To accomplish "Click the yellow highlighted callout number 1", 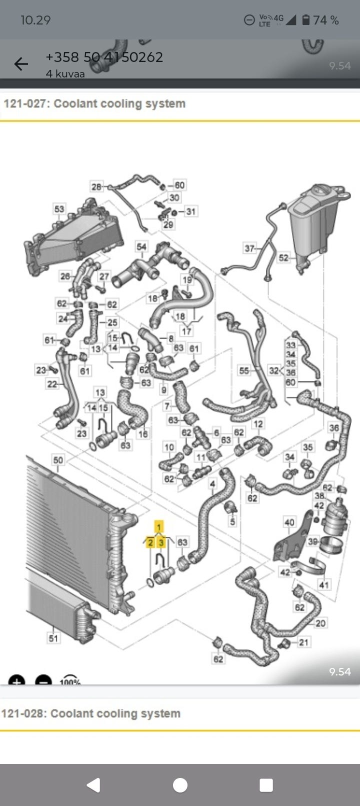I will point(159,526).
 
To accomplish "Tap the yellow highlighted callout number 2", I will point(150,542).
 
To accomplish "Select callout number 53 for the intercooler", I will point(59,208).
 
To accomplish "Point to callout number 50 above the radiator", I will point(58,460).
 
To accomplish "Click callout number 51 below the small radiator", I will point(53,638).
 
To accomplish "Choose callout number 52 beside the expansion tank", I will point(283,257).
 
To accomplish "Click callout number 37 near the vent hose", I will point(249,248).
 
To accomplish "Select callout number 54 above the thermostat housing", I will point(141,246).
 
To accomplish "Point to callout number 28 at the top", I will point(96,186).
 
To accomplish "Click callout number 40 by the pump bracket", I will point(289,522).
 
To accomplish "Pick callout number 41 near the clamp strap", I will point(324,584).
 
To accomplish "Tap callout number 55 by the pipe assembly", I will point(243,370).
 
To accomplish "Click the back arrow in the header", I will point(21,63).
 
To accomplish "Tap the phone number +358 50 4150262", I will point(104,57).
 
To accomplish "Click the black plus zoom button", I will point(16,680).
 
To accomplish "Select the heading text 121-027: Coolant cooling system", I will point(94,103).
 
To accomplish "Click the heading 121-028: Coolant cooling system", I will point(90,713).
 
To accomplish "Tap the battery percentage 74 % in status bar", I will point(325,20).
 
